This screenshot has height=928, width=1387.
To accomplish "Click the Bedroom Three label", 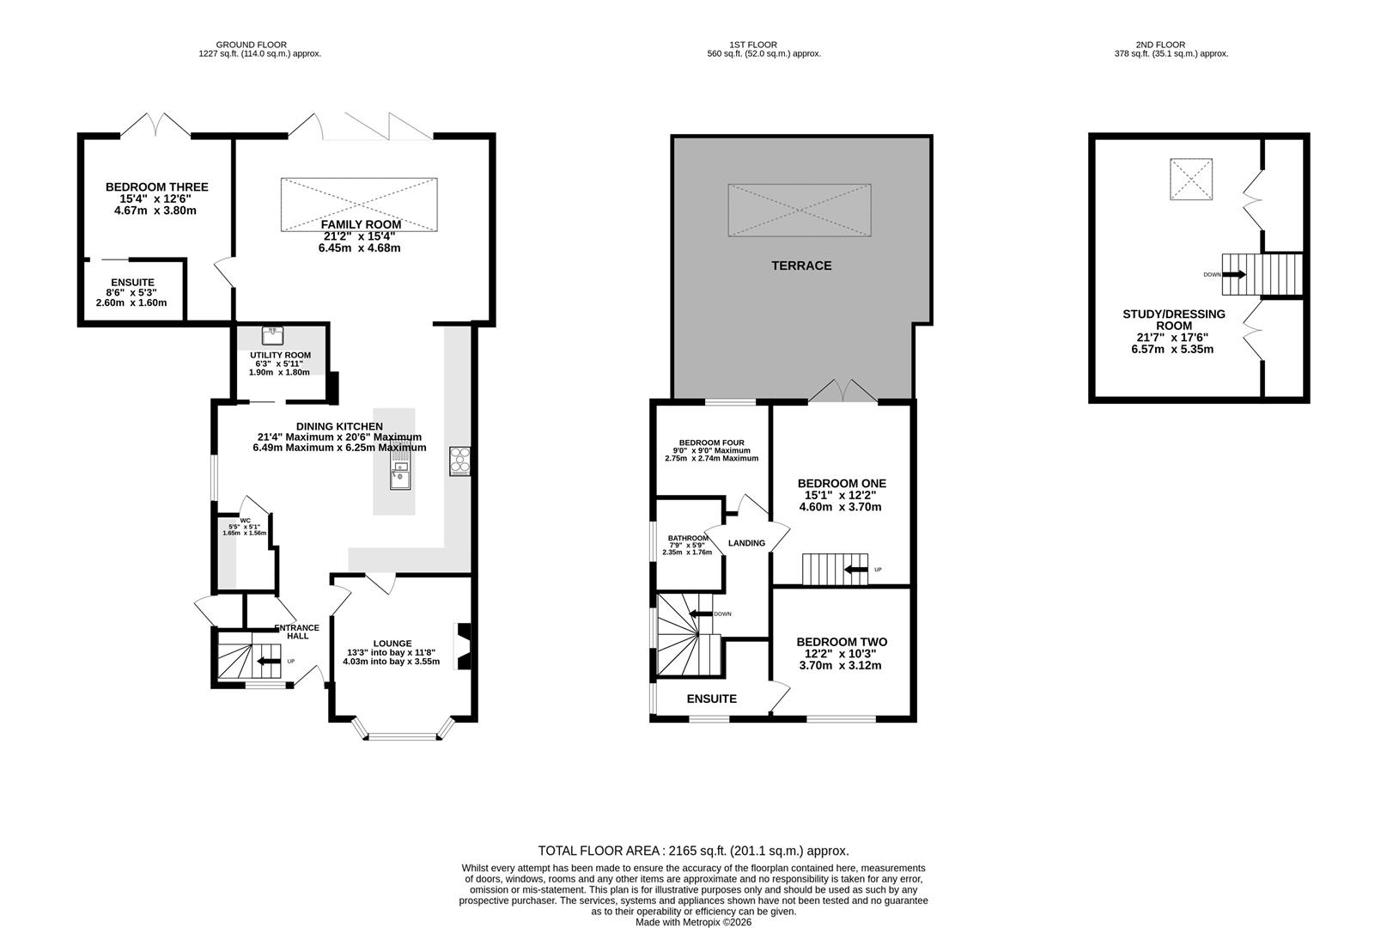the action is [156, 187].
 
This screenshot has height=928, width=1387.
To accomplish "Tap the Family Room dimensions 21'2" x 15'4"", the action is [359, 236].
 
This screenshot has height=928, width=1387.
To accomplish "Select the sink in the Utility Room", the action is [273, 336].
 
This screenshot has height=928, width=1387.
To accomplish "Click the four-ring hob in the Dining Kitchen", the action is [460, 461].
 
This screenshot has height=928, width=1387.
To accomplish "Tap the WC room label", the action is [246, 521].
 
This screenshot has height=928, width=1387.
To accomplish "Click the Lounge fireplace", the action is [463, 646].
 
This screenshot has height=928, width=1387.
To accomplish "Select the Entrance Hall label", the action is [297, 632].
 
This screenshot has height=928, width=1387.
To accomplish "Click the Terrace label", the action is [801, 266].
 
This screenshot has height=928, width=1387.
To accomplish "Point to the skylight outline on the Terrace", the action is [800, 210].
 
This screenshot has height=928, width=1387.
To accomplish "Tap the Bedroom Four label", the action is [711, 443].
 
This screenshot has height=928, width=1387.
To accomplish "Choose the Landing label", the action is [746, 543].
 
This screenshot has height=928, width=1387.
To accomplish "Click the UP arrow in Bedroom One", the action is [855, 570].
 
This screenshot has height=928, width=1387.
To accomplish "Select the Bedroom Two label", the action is [842, 643].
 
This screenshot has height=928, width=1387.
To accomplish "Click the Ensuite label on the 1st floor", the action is [711, 699].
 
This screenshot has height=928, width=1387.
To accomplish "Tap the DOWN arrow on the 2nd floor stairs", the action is [1234, 274].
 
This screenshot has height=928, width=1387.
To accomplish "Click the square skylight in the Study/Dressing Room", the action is [1190, 179].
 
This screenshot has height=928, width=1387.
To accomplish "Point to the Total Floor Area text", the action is [693, 851].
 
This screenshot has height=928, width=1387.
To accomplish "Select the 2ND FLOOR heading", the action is [1160, 45].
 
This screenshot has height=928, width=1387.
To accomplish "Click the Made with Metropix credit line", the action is [694, 922].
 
